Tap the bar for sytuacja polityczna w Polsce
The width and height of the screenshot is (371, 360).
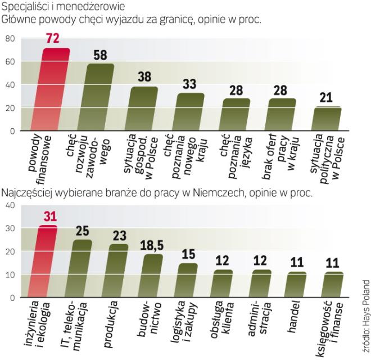(327, 119)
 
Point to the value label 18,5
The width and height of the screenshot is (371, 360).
(152, 246)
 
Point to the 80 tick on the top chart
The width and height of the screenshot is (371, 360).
(10, 39)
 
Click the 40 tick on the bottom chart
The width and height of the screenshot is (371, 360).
(10, 205)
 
